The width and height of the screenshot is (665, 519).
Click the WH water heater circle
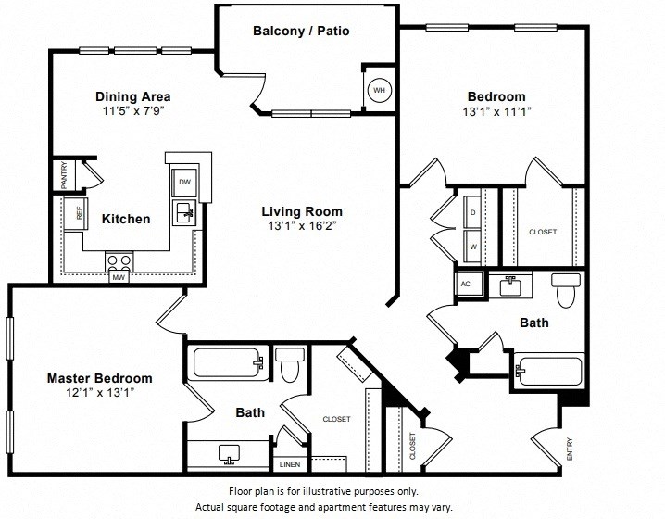pos(379,90)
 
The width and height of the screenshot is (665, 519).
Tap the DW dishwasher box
pos(183,182)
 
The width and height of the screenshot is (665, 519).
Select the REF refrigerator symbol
pos(79,211)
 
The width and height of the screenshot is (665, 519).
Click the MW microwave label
pos(119,276)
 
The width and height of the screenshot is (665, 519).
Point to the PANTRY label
pos(64,175)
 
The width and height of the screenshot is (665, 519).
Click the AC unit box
pos(465,285)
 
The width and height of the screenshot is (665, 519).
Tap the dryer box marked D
pos(474,211)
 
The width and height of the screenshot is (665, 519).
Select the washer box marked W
pos(474,247)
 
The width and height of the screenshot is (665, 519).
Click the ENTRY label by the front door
pos(569,449)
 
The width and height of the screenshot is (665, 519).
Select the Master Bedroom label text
pos(100,378)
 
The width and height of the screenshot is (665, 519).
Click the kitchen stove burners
pos(119,259)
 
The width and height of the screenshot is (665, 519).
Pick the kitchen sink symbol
pos(184,212)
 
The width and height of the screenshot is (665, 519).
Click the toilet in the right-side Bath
pos(565,292)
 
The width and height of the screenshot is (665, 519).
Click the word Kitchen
pos(126,219)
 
